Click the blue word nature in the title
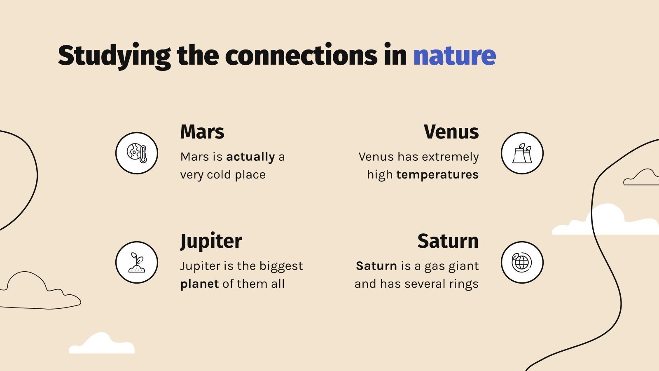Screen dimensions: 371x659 click(454, 56)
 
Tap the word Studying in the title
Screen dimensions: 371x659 click(114, 56)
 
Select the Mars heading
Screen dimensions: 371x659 click(202, 132)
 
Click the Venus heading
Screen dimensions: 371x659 click(451, 132)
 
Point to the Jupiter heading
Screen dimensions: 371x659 click(211, 241)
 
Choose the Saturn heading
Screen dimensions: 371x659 click(448, 241)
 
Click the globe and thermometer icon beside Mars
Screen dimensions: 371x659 click(137, 153)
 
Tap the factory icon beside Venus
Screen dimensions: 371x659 click(522, 153)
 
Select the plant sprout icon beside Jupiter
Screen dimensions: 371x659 click(137, 262)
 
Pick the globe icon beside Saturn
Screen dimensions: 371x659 click(522, 262)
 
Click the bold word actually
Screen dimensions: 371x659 click(250, 157)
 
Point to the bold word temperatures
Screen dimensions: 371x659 click(437, 175)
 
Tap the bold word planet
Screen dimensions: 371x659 click(199, 284)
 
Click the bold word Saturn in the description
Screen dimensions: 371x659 click(376, 266)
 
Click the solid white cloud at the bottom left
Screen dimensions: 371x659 click(102, 344)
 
